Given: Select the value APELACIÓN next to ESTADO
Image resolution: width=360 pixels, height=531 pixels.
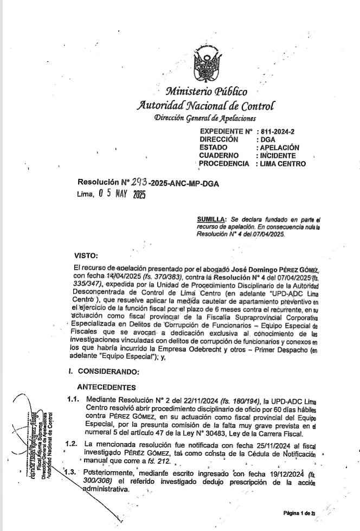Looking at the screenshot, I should [280, 147].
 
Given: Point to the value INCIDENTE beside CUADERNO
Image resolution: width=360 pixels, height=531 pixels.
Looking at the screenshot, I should [278, 156].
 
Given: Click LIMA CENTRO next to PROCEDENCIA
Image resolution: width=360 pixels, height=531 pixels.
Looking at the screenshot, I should [282, 164].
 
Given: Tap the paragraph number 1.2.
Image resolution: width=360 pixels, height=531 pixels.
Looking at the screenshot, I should [71, 444].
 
